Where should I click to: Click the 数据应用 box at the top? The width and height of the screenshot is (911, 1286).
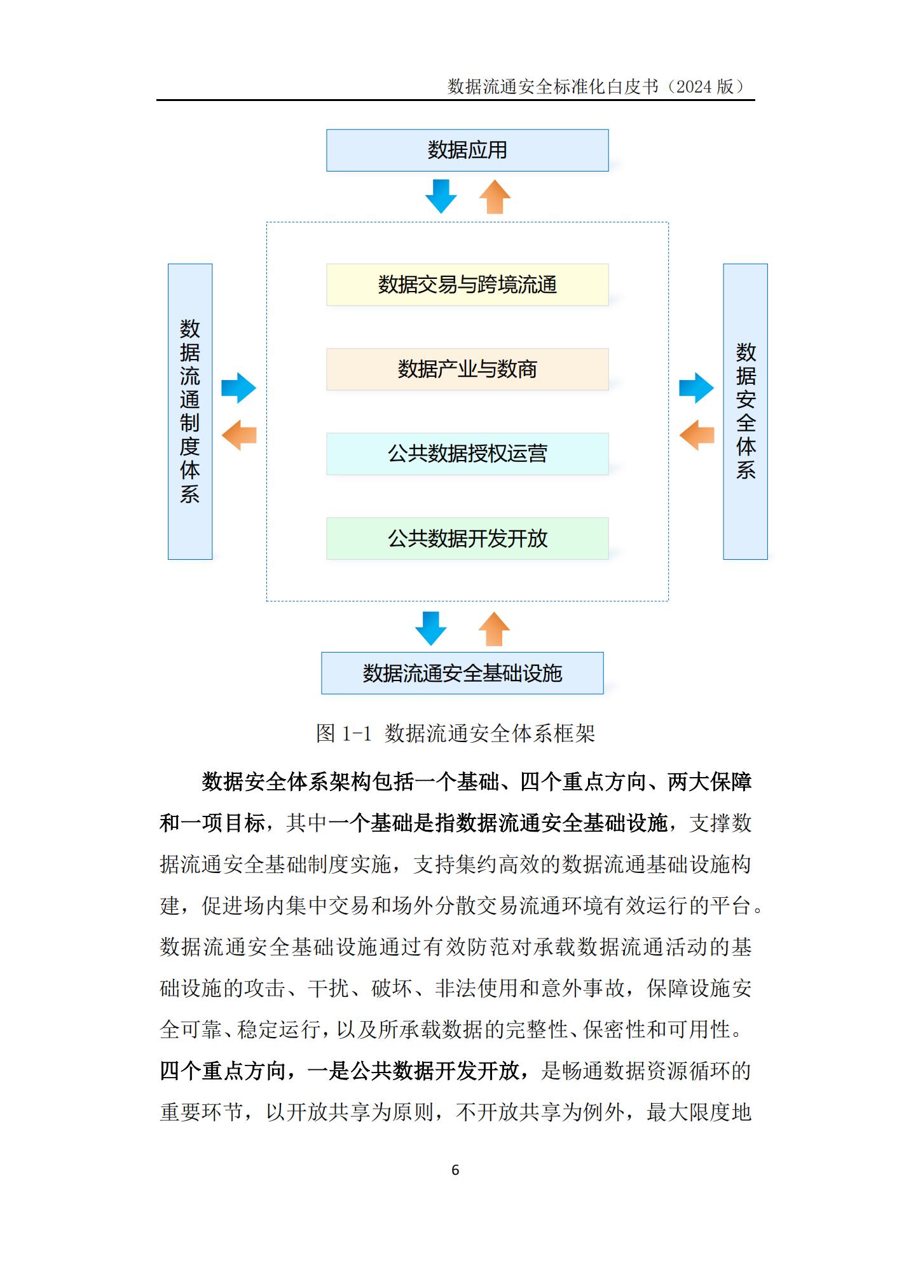point(467,151)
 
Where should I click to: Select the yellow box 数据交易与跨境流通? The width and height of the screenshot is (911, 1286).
point(467,285)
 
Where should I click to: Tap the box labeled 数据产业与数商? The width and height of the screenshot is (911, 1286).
point(467,369)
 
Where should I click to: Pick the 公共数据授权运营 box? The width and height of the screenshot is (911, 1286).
point(467,454)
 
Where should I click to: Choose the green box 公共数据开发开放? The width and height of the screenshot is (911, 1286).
point(467,538)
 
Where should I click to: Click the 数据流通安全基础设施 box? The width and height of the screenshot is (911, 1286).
point(462,673)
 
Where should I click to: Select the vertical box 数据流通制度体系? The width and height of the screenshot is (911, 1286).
point(190,412)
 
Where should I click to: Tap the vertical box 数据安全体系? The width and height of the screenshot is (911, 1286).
point(746,412)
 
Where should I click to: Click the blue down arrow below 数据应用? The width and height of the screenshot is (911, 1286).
point(441,196)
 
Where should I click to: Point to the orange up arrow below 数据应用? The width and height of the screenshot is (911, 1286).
point(495,196)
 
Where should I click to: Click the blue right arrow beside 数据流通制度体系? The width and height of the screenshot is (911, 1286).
point(238,388)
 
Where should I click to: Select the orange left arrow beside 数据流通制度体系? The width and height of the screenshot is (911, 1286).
point(238,435)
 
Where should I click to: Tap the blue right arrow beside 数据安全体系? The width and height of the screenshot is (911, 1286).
point(697,388)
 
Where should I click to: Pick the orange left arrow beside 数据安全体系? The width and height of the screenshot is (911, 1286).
point(697,435)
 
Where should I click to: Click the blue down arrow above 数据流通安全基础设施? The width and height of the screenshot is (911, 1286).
point(431,629)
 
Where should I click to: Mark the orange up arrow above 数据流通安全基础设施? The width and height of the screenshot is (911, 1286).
point(494,629)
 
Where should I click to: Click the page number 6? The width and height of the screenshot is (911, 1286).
point(455,1170)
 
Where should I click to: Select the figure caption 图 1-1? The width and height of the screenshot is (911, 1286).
point(343,733)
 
